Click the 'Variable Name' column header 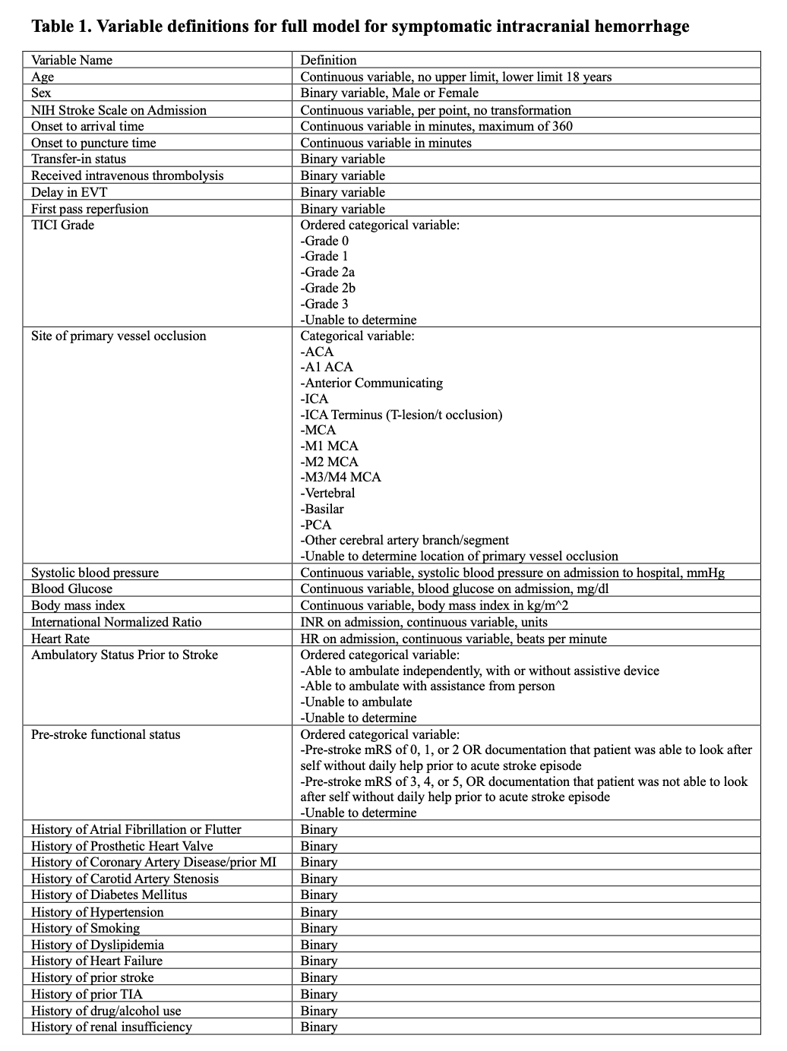71,60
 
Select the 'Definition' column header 328,60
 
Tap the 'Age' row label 43,77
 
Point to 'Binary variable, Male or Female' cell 389,93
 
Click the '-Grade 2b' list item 327,288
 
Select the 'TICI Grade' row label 62,225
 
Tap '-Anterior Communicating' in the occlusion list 371,383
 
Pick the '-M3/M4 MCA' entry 340,477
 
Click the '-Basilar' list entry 322,509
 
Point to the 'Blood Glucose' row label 71,589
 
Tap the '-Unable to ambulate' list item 356,702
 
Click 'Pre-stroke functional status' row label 106,734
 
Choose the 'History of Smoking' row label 85,928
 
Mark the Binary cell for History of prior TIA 318,994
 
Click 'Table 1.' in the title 62,27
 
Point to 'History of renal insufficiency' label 111,1027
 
